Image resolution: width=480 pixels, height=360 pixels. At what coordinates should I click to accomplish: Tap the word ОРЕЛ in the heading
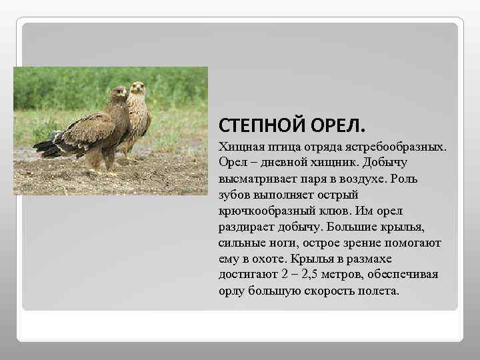click(x=342, y=125)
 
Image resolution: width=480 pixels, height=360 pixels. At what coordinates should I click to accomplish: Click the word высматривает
click(x=254, y=179)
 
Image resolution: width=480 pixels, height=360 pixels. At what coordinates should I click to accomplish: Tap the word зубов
click(x=233, y=195)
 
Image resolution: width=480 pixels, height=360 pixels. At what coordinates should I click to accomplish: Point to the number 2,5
click(x=313, y=275)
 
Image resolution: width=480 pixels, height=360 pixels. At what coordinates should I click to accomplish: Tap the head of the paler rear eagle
click(x=138, y=87)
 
